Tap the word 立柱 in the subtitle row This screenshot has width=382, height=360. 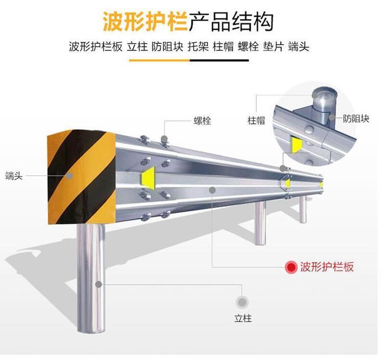(137, 47)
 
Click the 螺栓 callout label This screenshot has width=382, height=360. (202, 121)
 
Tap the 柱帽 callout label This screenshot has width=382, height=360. (256, 121)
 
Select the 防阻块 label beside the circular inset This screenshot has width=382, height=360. (356, 119)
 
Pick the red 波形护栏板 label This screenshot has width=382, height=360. (326, 266)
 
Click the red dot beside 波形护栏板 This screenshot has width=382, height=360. (291, 267)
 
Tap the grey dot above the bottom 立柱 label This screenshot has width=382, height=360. (242, 302)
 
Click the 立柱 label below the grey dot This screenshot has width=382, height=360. (243, 319)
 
